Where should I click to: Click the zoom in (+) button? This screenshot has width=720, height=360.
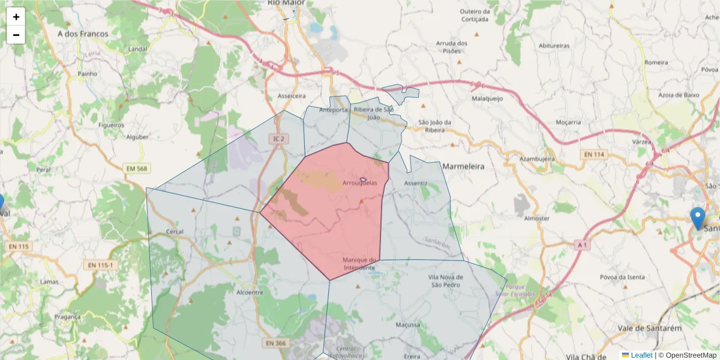point(16,17)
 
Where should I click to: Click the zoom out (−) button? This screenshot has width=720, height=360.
point(16,35)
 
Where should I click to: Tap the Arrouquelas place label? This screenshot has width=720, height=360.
point(360,183)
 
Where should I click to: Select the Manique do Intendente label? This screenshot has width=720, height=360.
point(359,263)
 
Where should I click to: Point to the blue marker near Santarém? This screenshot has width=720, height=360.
point(697,217)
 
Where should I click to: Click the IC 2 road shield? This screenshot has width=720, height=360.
point(277,139)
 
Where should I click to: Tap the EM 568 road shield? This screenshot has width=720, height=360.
point(136,169)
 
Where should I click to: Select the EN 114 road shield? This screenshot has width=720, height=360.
point(593,155)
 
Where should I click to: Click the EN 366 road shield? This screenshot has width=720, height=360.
point(275,343)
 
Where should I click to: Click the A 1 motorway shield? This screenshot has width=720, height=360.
point(581,245)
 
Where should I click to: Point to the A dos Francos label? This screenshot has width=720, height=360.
point(83,34)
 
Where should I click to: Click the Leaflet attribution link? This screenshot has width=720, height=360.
point(641,355)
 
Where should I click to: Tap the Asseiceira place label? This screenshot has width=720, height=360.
point(292,96)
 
